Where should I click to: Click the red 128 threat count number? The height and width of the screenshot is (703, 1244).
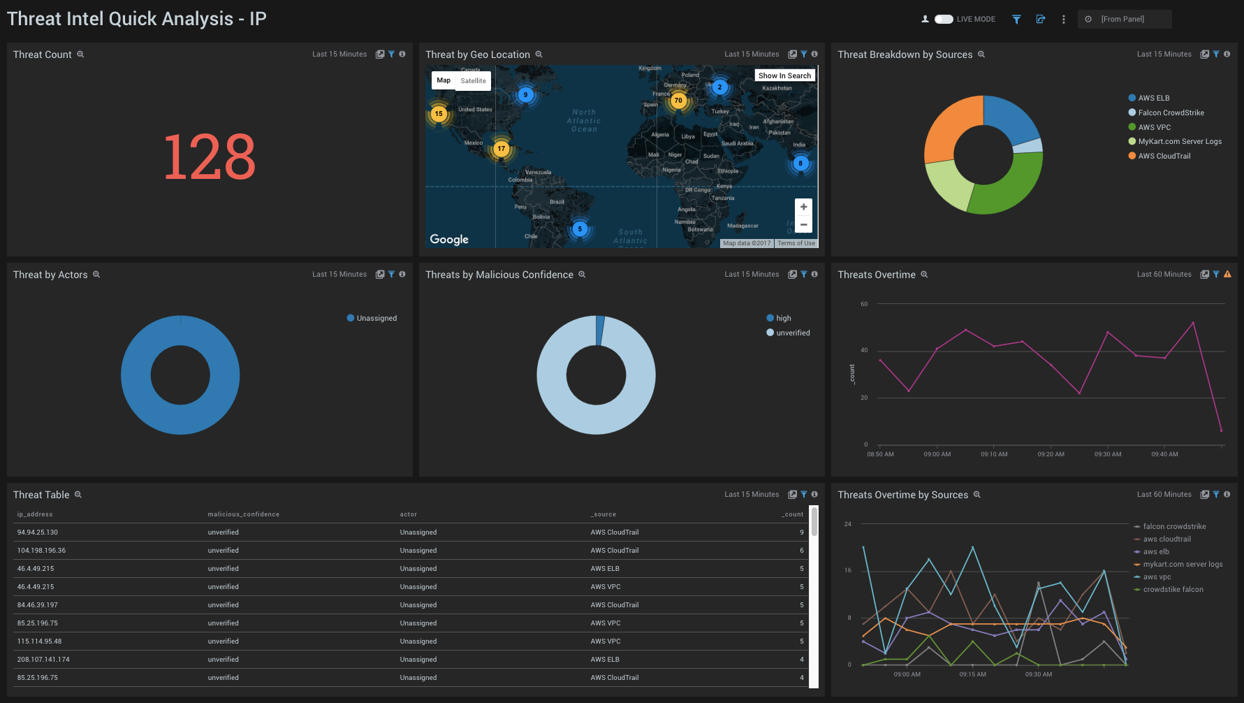(x=209, y=157)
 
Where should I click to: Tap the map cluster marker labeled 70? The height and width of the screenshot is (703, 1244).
(x=678, y=101)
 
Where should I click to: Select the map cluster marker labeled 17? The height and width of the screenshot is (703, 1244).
(x=501, y=149)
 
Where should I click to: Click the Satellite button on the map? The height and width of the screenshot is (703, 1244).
(x=473, y=81)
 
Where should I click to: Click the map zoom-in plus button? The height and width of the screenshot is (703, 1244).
(x=803, y=207)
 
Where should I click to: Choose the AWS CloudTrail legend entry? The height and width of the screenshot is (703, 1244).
(x=1164, y=156)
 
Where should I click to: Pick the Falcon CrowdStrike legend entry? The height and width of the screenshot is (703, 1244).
(x=1171, y=113)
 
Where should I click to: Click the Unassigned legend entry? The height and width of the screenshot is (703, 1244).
(x=376, y=318)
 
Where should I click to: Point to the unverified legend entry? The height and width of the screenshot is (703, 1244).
(x=793, y=333)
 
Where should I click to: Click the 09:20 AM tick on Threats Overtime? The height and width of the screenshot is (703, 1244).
(x=1051, y=454)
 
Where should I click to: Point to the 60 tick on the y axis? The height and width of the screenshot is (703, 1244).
(x=864, y=304)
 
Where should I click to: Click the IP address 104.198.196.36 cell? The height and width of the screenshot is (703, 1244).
(x=42, y=551)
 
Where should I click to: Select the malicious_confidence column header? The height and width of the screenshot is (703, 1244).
(x=243, y=514)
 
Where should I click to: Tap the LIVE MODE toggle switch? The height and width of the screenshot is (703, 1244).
(x=944, y=20)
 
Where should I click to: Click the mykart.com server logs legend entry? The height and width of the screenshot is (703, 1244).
(x=1182, y=565)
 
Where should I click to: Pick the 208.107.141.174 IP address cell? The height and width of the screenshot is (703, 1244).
(x=43, y=660)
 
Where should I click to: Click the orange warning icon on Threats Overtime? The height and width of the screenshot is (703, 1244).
(x=1227, y=275)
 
